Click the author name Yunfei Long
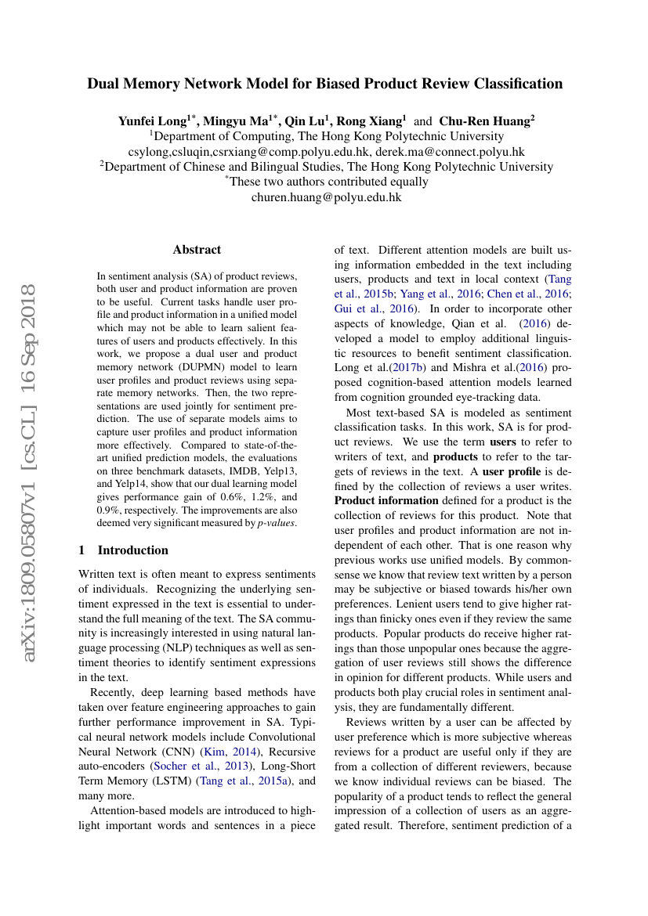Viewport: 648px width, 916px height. (x=151, y=121)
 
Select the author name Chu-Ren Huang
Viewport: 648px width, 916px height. (x=484, y=121)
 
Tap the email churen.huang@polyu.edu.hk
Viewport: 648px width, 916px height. (x=326, y=197)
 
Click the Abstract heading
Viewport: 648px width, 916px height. (x=197, y=250)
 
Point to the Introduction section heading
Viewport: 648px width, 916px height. (x=132, y=550)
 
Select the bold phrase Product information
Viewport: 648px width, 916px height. (x=386, y=500)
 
